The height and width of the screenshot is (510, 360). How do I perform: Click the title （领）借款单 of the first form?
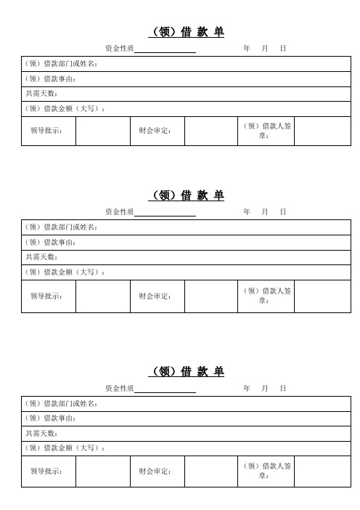click(x=187, y=32)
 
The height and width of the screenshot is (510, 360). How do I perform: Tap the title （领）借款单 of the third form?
click(x=187, y=372)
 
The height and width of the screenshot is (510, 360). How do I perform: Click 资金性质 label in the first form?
click(x=119, y=48)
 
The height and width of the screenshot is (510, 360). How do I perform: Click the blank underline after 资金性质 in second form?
click(x=165, y=211)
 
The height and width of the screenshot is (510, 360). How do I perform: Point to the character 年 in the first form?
click(x=247, y=48)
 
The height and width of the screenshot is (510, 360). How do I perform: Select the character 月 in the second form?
click(x=265, y=211)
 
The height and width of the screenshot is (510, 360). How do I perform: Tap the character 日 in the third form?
click(x=283, y=389)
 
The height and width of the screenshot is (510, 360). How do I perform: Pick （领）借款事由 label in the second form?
click(x=51, y=242)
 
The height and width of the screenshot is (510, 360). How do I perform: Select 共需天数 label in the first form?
click(x=41, y=94)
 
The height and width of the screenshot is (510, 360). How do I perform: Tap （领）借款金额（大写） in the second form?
click(x=65, y=272)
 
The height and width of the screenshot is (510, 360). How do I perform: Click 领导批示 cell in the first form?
click(x=46, y=131)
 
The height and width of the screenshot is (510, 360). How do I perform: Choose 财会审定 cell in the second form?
click(x=155, y=296)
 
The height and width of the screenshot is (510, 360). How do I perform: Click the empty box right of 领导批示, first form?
click(x=102, y=131)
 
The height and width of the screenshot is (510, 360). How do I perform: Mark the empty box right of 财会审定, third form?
click(x=211, y=471)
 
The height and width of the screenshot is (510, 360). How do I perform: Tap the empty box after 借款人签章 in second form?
click(x=323, y=296)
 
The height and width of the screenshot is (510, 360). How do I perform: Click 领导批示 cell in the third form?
click(x=46, y=471)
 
